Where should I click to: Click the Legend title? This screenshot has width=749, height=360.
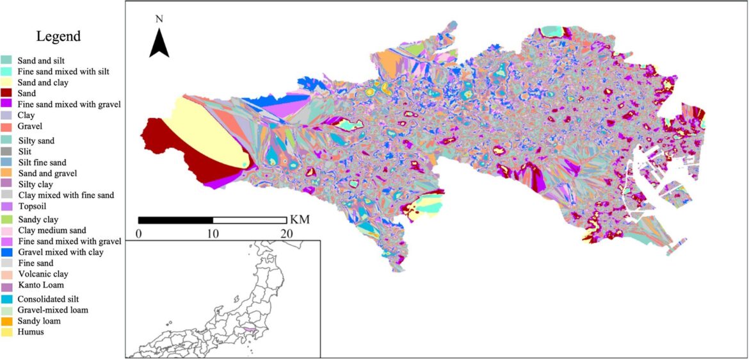58,37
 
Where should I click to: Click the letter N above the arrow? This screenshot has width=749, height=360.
159,19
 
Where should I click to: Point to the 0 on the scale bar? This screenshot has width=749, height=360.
139,233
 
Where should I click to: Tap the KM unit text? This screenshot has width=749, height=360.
300,220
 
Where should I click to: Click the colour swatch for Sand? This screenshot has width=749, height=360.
6,94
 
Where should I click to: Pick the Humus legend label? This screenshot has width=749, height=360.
31,332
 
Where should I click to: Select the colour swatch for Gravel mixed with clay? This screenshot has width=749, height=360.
6,252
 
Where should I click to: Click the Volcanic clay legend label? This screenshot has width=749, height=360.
43,274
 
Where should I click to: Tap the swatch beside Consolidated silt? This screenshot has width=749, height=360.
6,299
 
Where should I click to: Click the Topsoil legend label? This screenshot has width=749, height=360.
32,207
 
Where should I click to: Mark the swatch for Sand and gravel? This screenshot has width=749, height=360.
6,174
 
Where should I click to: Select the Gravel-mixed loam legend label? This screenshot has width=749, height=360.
52,310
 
